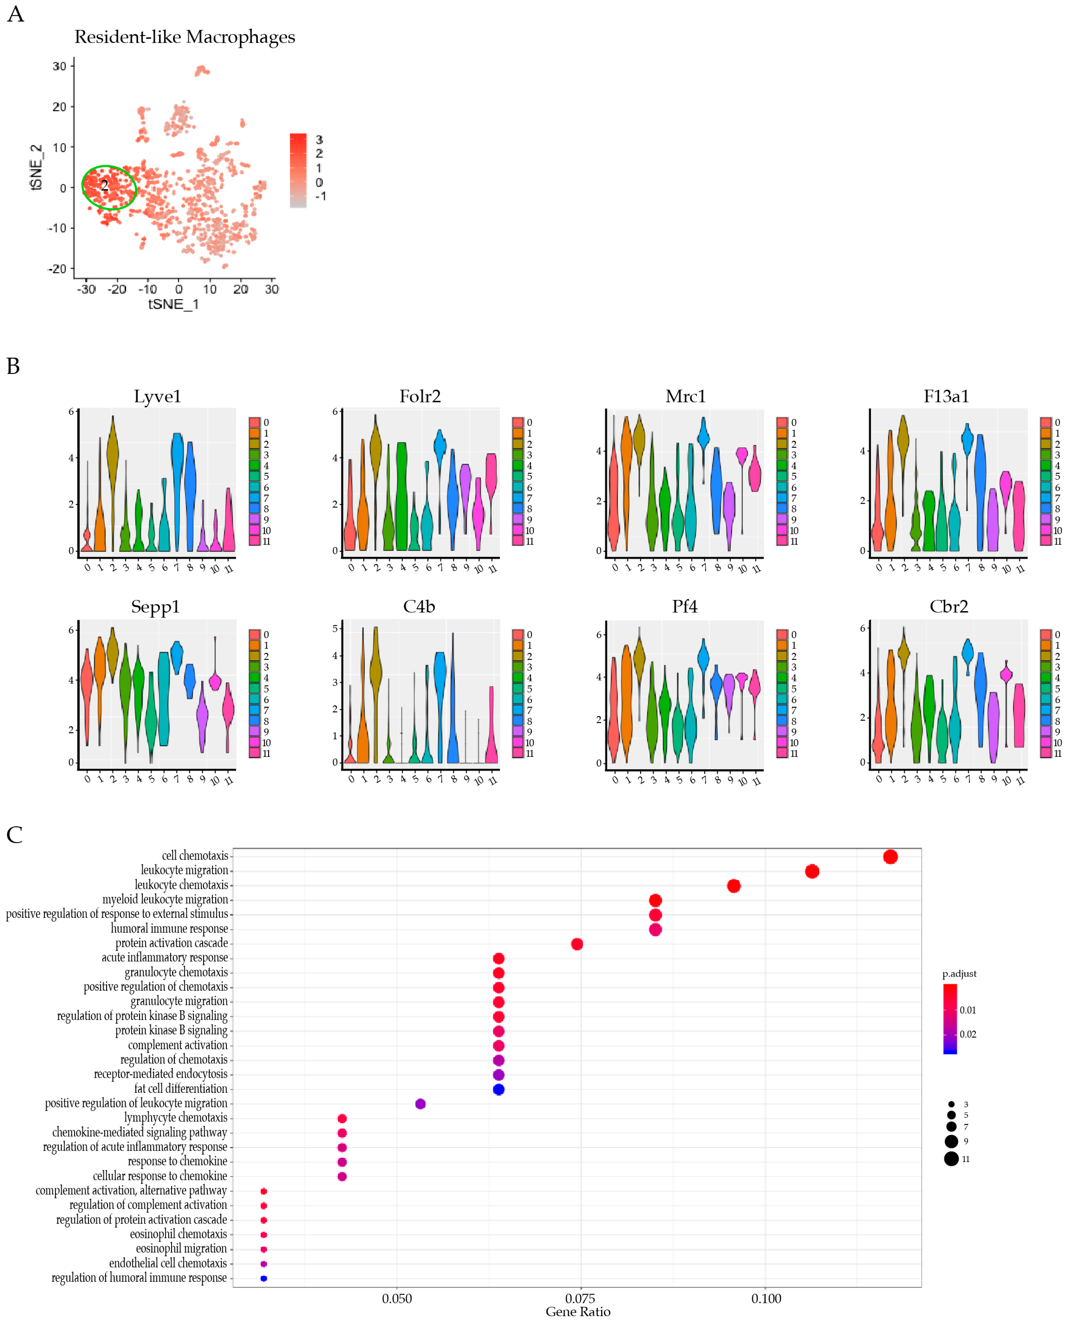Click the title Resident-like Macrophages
pos(185,37)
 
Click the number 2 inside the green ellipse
pos(104,185)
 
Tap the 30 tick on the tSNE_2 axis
pos(59,66)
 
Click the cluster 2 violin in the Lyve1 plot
pos(112,457)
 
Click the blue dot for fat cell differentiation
pos(498,1089)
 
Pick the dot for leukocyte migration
pos(812,871)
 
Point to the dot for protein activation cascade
pos(577,944)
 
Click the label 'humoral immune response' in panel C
pos(169,929)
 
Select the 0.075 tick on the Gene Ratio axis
pos(580,1298)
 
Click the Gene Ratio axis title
pos(578,1312)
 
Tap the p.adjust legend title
pos(959,974)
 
